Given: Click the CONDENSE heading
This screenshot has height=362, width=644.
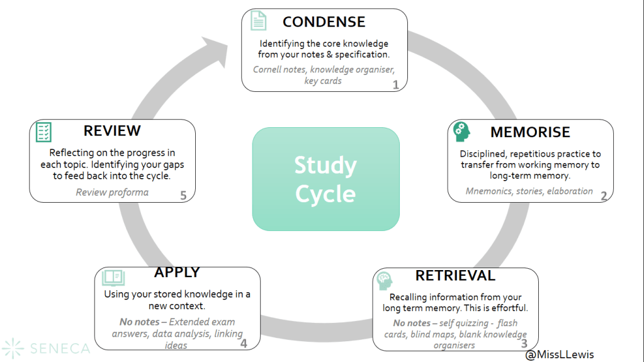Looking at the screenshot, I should [324, 22].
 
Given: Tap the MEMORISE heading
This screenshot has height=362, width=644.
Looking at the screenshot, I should [530, 132].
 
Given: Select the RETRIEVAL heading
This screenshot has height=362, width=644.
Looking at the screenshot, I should [455, 276].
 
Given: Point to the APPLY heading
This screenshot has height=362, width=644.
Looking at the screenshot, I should [177, 272].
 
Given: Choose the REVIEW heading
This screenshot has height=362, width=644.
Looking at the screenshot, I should [112, 131].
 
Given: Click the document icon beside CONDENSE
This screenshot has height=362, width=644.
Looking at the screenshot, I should [258, 20].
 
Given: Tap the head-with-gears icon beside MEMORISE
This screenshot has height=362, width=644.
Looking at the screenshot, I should [462, 131].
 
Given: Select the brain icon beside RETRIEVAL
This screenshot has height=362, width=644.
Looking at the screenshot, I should [383, 280].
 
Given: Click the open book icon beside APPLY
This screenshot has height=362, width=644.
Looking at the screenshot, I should [113, 277].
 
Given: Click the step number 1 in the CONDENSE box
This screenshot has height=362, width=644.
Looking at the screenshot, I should [395, 84].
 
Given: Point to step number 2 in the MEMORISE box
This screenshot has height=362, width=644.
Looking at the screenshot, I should [603, 195].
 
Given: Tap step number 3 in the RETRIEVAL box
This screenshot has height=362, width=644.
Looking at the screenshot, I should [524, 343].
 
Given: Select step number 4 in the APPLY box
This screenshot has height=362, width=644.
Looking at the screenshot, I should [243, 343].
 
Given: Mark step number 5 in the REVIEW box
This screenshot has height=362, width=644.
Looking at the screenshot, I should [183, 195].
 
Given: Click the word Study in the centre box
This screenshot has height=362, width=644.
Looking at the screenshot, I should [325, 166].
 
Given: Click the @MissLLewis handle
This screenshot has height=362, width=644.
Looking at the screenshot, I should [560, 354].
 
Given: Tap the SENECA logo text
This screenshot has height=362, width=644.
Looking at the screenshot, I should [58, 348].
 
